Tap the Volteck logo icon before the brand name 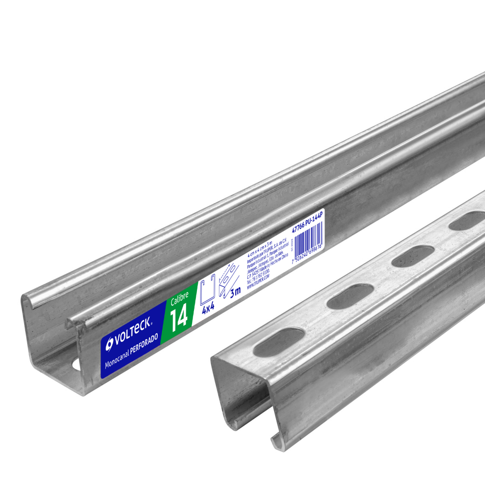(x=110, y=343)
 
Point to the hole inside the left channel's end (x=76, y=365)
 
